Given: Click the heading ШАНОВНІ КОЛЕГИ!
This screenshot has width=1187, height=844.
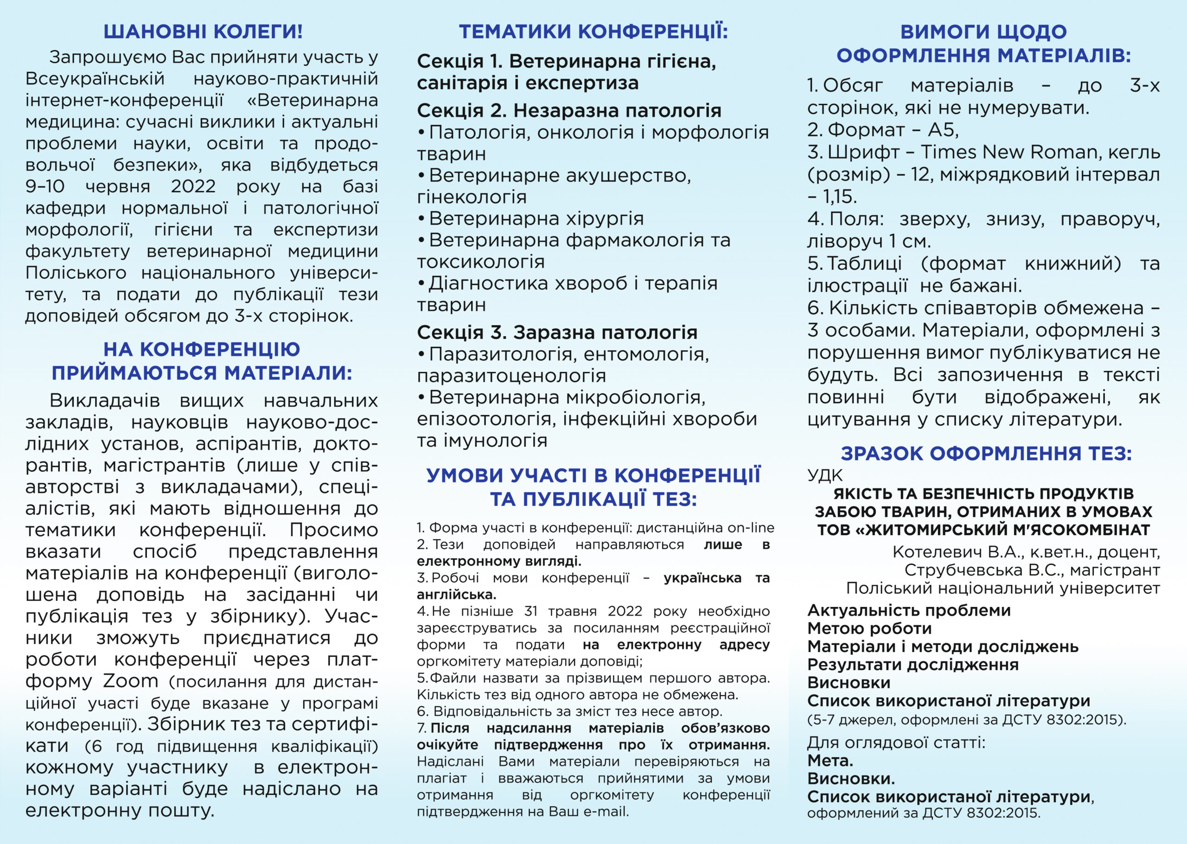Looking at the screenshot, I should pos(203,32).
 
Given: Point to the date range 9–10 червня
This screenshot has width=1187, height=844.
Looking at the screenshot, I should pos(88,186).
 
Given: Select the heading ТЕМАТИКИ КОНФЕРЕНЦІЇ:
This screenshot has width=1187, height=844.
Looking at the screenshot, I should pos(593,32).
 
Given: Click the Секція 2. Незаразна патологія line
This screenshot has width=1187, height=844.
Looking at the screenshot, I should pos(569,111).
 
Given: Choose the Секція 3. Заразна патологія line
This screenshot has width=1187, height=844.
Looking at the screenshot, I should pos(557,332).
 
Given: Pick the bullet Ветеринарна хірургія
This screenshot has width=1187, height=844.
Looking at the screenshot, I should pos(536,219).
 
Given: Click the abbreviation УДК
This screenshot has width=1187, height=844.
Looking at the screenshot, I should pos(824,475).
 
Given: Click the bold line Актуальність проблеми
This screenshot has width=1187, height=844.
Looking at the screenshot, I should pos(908,610).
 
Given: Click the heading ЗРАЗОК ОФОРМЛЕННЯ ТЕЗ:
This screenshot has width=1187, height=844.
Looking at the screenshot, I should pos(986,454).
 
